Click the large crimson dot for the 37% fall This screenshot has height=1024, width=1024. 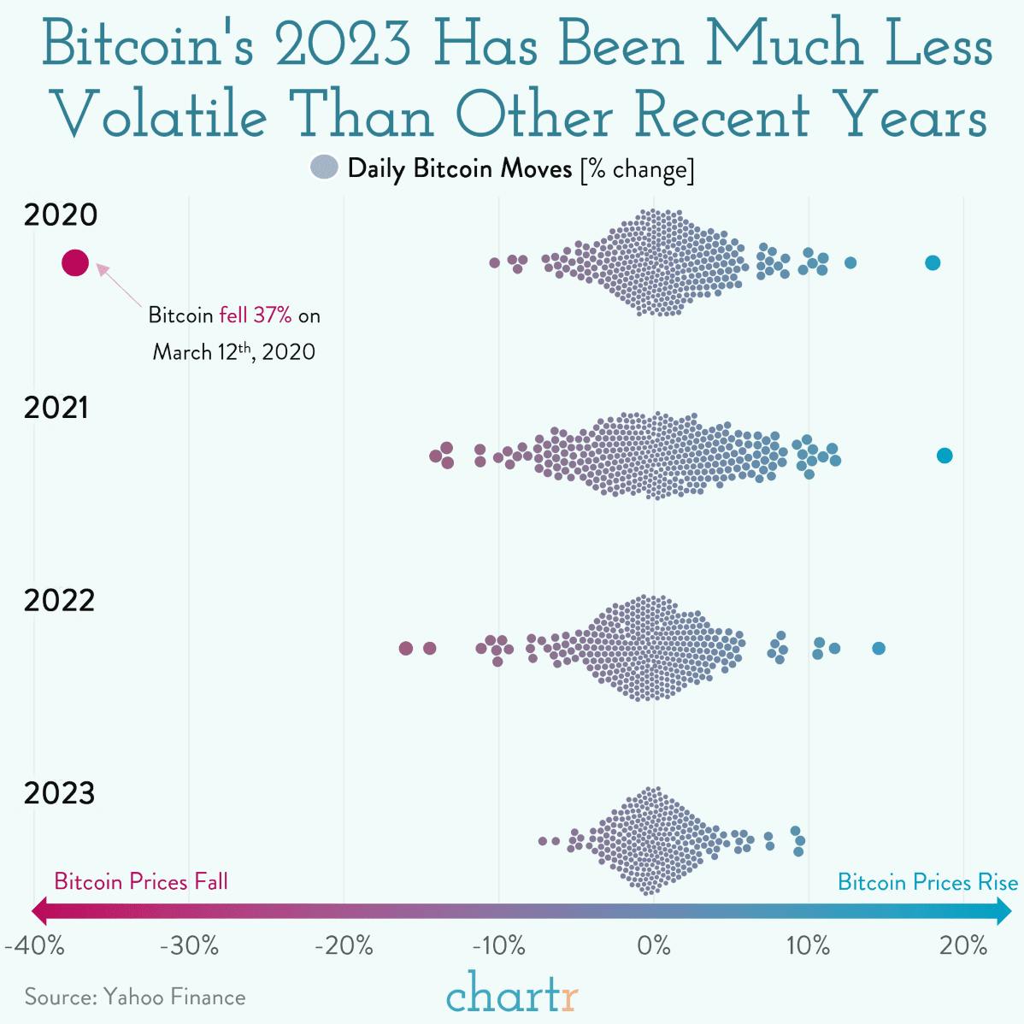tap(75, 262)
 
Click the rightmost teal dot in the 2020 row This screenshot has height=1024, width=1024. tap(933, 262)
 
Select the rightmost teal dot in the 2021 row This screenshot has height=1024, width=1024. tap(945, 456)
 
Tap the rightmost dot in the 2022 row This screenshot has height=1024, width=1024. tap(878, 649)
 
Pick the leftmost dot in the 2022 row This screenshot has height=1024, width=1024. tap(406, 649)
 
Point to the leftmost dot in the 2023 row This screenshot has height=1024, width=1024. tap(542, 841)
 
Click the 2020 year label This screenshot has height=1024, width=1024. tap(61, 215)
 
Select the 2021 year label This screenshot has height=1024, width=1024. tap(56, 409)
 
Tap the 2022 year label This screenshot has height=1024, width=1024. tap(59, 601)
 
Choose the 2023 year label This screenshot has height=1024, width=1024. tap(59, 794)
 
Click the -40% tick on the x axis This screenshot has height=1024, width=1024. tap(33, 946)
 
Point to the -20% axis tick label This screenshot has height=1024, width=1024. tap(344, 946)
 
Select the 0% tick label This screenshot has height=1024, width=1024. tap(654, 946)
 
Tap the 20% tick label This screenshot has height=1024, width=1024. tap(964, 946)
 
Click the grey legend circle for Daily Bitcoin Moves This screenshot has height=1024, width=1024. tap(326, 168)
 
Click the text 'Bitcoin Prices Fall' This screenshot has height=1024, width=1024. tap(141, 881)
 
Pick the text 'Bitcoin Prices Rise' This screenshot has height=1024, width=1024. tap(927, 881)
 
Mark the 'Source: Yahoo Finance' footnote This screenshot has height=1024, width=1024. tap(135, 997)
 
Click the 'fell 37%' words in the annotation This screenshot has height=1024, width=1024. tap(256, 315)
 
